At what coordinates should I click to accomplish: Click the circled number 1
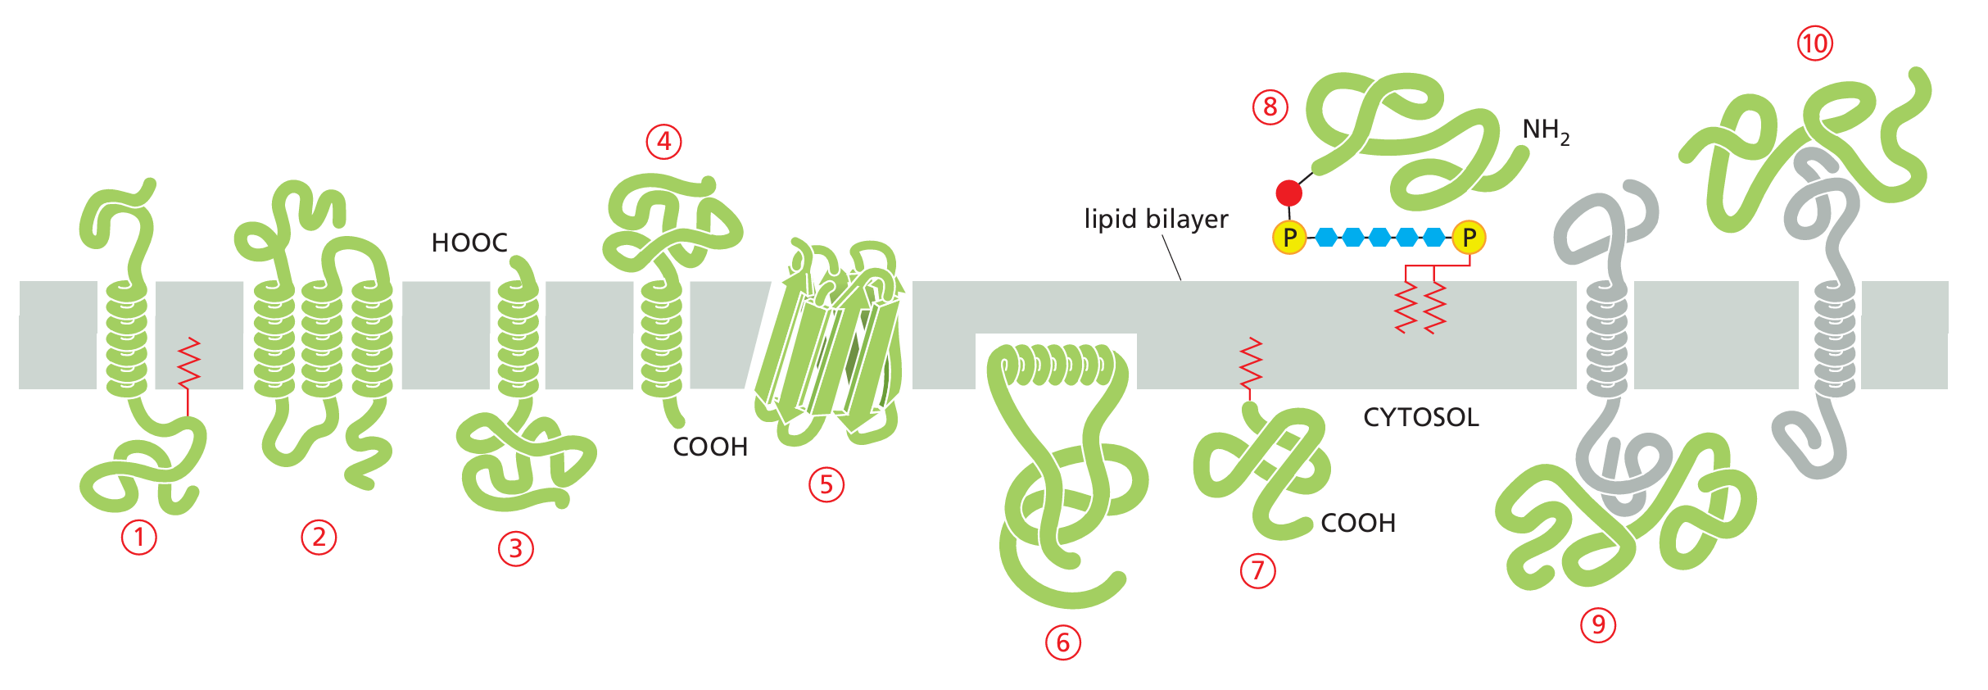click(139, 538)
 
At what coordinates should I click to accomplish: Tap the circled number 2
click(319, 538)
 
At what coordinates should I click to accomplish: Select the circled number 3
click(516, 548)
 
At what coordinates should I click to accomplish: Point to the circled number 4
click(664, 142)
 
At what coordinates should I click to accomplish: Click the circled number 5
click(826, 484)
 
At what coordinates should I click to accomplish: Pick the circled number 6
click(1063, 642)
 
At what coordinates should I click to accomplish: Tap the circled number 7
click(1258, 570)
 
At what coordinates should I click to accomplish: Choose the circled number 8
click(1270, 107)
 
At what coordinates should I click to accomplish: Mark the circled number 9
click(1598, 625)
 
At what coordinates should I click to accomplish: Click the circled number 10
click(1815, 43)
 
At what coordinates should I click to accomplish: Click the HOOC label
click(469, 243)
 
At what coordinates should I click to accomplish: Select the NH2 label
click(1546, 130)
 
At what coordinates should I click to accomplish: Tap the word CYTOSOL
click(1421, 418)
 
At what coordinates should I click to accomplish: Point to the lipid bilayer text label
click(1156, 220)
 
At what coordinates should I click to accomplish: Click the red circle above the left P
click(1288, 193)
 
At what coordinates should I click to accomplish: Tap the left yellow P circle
click(1289, 238)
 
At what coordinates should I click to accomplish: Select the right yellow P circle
click(1469, 238)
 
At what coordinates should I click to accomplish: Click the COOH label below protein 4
click(710, 447)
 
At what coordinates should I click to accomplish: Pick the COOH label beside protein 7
click(1358, 523)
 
